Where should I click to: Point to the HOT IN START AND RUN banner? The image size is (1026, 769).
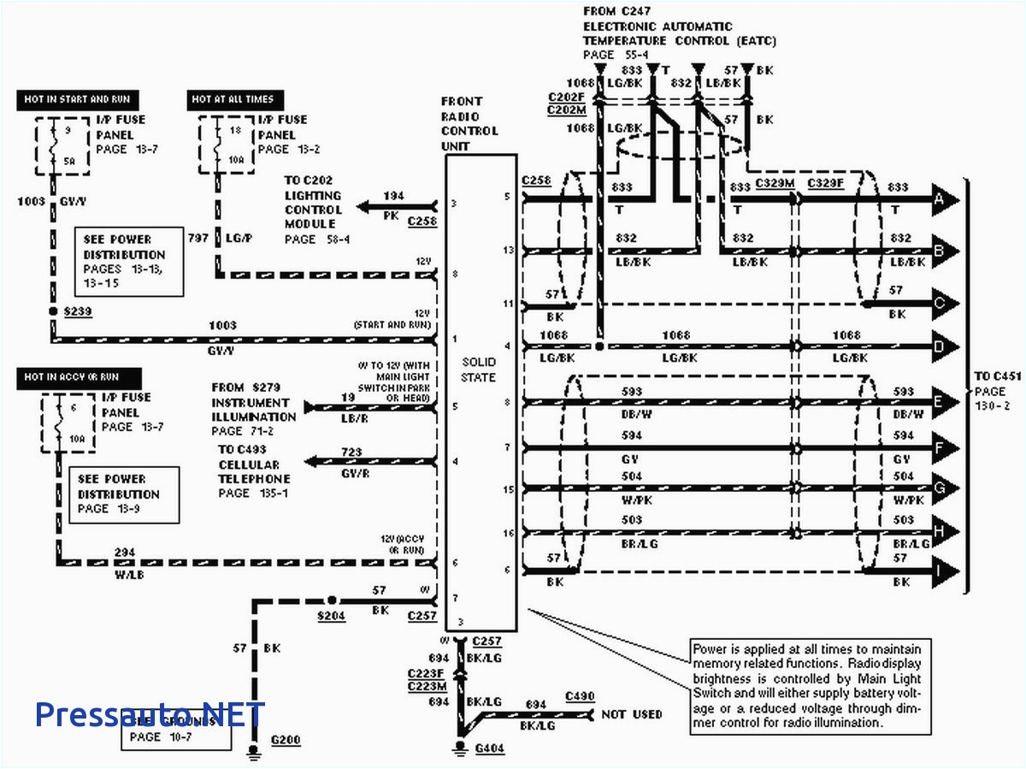pos(77,100)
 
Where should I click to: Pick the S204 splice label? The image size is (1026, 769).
pos(331,616)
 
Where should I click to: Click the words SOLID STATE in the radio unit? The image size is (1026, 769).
pos(479,370)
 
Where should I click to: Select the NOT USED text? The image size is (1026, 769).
pos(632,714)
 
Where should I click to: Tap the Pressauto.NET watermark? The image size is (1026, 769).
pos(150,714)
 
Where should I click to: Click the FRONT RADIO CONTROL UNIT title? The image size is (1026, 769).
pos(469,124)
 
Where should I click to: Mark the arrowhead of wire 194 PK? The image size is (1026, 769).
pos(366,206)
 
